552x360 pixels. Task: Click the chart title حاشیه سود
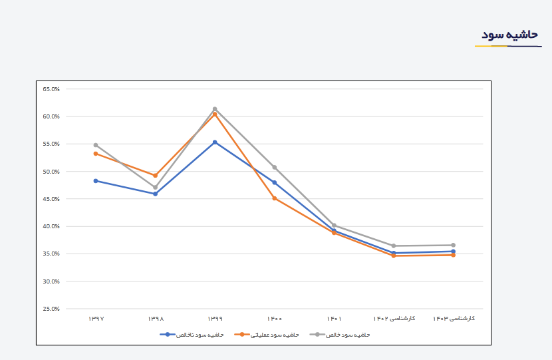[509, 35]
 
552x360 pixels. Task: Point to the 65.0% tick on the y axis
[51, 89]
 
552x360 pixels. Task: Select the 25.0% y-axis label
[51, 309]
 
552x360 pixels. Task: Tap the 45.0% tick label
[51, 199]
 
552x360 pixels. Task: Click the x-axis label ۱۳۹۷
[96, 319]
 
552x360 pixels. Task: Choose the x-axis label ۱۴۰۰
[275, 319]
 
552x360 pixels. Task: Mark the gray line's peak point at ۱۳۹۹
[215, 109]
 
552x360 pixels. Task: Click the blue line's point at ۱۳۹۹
[215, 142]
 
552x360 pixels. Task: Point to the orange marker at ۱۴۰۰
[275, 198]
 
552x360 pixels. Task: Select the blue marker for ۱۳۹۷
[96, 180]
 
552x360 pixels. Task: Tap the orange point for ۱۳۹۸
[156, 176]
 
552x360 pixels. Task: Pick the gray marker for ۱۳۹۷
[96, 145]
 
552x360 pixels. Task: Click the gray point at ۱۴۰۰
[275, 167]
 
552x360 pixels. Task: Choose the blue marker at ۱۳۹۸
[156, 194]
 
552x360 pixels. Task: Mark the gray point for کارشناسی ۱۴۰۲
[394, 246]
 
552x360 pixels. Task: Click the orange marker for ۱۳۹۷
[96, 154]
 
